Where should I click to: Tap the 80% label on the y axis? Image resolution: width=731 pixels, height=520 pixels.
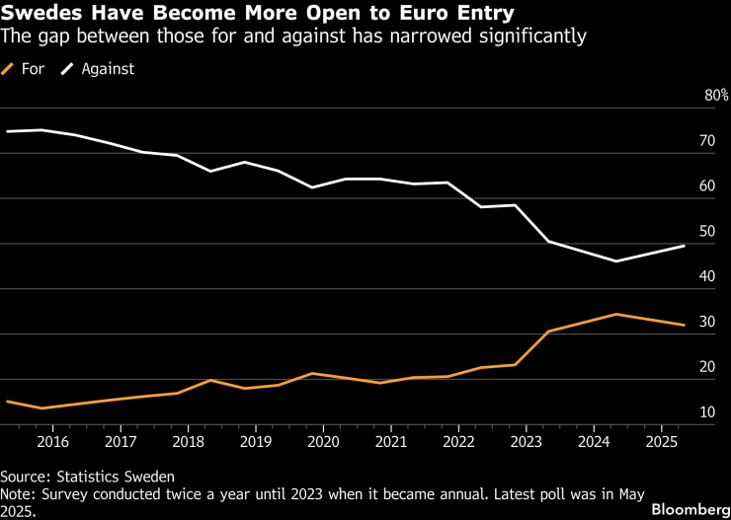[716, 96]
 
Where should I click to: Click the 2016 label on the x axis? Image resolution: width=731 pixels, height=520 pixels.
[52, 441]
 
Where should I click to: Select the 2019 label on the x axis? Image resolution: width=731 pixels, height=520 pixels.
[256, 441]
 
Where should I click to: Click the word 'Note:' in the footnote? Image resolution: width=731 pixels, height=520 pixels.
[21, 493]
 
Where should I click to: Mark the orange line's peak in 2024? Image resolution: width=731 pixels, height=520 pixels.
[616, 314]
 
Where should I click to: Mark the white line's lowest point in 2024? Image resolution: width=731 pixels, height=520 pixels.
[616, 261]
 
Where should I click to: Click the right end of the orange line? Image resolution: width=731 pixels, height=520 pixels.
[685, 325]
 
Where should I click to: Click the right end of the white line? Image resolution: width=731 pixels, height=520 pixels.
[685, 246]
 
